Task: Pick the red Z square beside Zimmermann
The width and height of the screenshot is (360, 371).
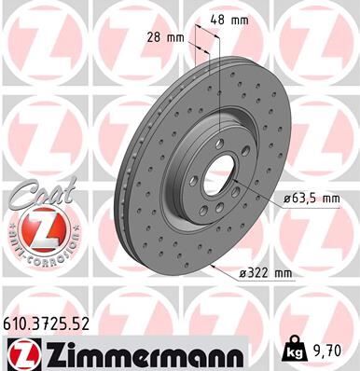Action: pyautogui.click(x=20, y=354)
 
